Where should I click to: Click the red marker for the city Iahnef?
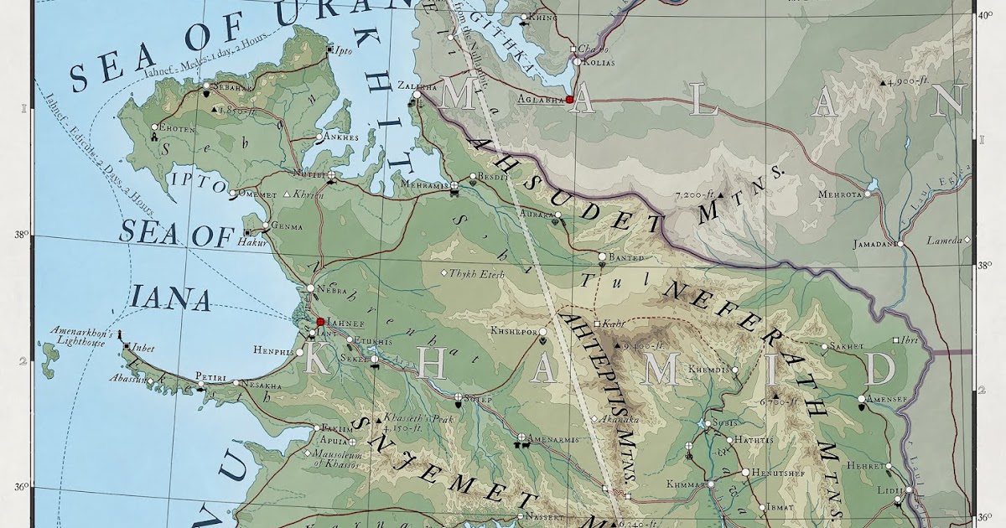click(x=320, y=321)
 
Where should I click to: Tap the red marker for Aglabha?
click(x=569, y=99)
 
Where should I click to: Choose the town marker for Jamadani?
click(x=899, y=244)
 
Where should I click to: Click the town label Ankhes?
click(x=340, y=137)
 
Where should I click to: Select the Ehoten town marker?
click(x=155, y=128)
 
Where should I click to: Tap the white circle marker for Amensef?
click(x=862, y=399)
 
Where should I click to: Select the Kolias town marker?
click(x=577, y=61)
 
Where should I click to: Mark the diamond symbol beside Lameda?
click(x=967, y=241)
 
